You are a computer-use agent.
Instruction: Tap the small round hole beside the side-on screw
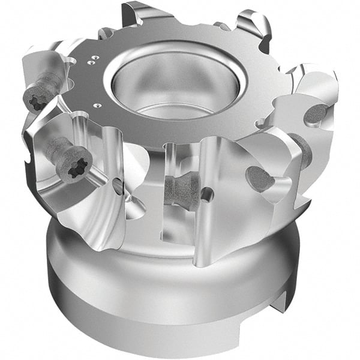(207, 193)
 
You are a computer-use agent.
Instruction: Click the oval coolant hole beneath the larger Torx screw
(117, 186)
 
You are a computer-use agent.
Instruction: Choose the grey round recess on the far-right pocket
(316, 114)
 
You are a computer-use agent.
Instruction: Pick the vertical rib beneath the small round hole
(207, 228)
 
